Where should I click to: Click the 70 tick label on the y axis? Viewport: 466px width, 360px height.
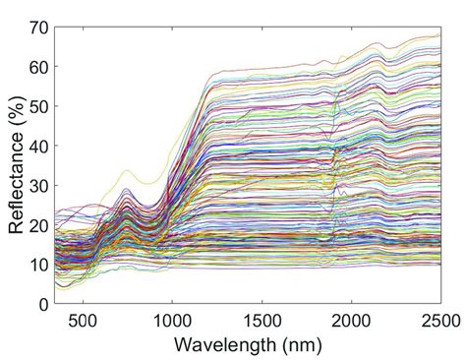(37, 27)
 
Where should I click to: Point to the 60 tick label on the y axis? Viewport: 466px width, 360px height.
(37, 66)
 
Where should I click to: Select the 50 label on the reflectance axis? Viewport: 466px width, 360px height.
(37, 105)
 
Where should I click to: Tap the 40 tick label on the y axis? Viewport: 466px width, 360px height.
(37, 146)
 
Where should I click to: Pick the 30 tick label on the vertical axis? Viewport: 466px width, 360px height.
(37, 185)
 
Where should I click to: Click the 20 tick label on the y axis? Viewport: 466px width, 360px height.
(37, 224)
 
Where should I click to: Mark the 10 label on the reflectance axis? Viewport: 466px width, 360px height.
(37, 265)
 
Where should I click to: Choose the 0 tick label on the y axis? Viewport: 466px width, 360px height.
(42, 304)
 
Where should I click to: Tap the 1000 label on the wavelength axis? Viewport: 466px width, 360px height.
(171, 320)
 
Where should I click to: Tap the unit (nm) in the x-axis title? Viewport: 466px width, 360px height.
(294, 344)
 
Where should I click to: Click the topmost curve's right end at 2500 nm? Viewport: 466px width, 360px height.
(439, 35)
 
